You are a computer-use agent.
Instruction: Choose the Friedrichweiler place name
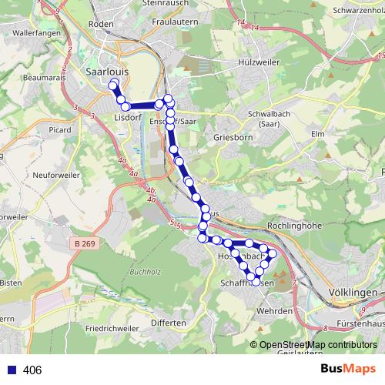112,328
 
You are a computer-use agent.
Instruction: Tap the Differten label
169,323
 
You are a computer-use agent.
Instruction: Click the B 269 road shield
89,243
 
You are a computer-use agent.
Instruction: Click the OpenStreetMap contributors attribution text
314,345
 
